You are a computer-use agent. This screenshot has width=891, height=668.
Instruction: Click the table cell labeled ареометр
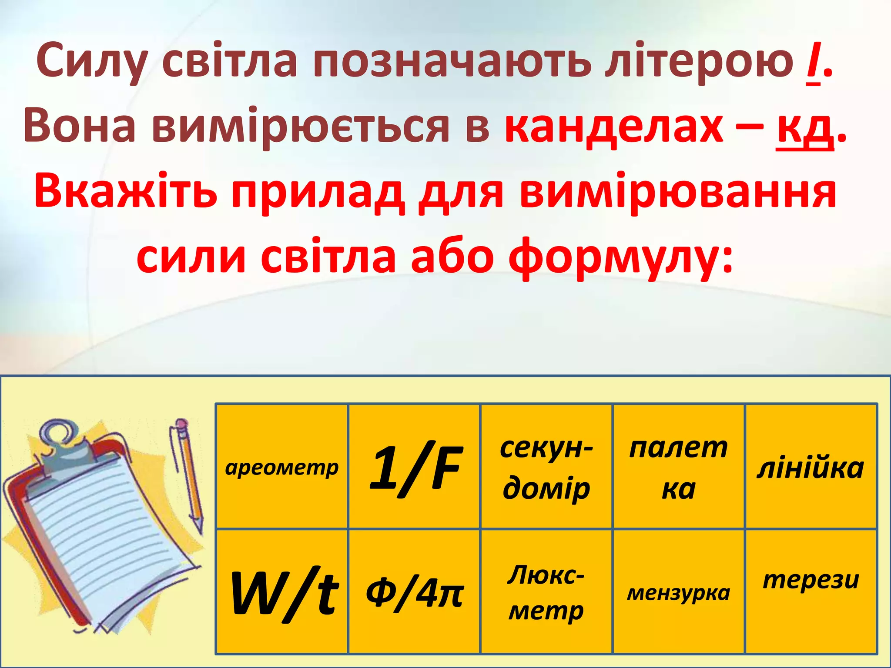click(x=282, y=467)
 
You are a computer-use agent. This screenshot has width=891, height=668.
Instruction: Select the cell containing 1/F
click(x=414, y=467)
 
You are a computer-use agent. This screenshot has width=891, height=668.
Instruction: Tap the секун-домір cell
click(x=546, y=467)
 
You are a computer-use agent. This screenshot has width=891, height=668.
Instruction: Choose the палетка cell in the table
click(x=679, y=467)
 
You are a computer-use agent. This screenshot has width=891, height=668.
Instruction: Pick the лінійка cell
click(x=811, y=467)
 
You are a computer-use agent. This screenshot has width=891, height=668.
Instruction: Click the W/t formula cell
click(x=282, y=591)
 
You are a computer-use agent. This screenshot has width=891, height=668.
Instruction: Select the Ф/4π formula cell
click(x=414, y=591)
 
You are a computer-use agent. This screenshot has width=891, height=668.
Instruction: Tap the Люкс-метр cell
click(x=546, y=591)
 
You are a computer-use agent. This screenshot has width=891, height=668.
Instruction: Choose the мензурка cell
click(x=679, y=591)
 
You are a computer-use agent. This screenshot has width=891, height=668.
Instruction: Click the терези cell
click(x=811, y=591)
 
